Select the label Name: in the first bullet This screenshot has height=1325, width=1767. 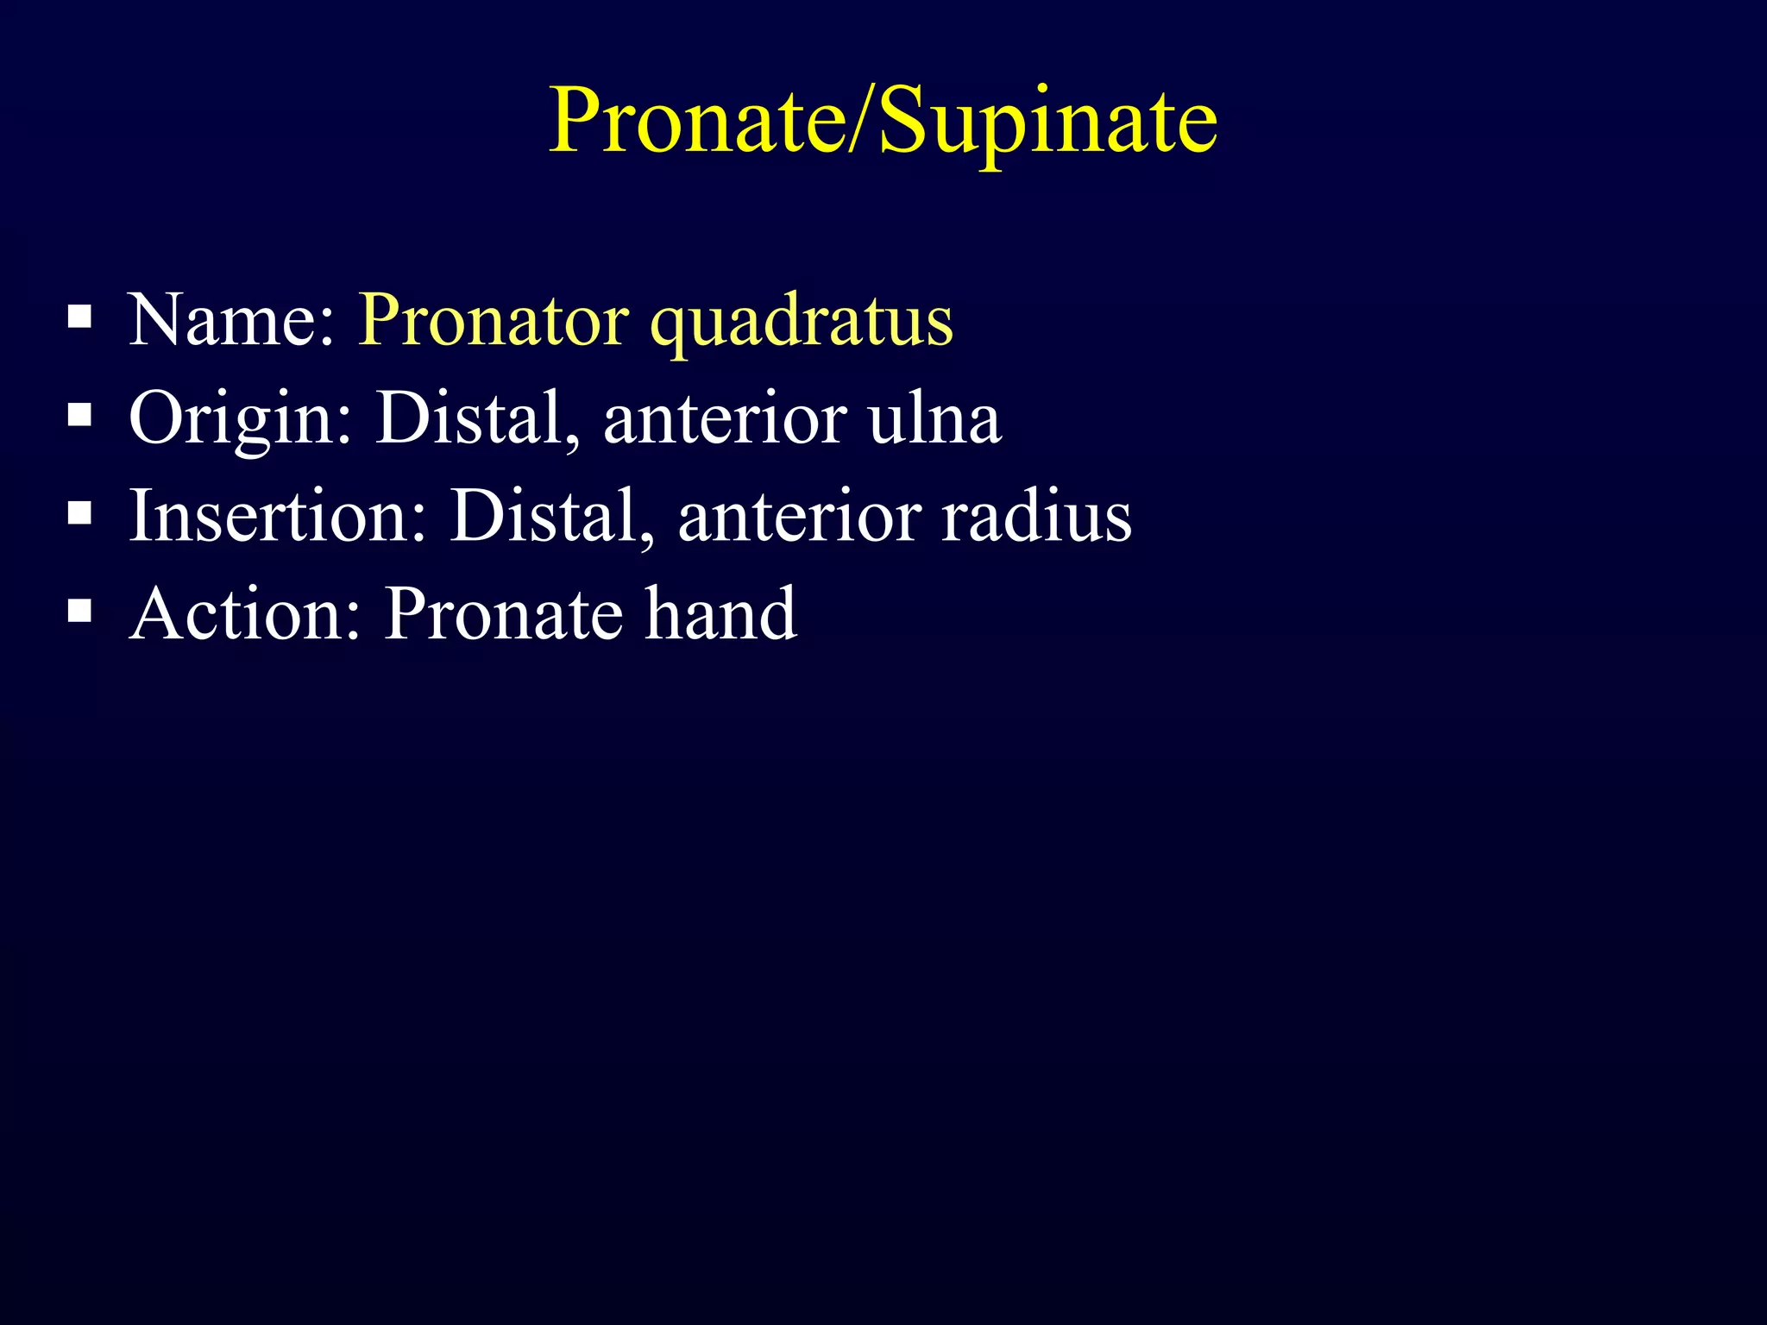[231, 321]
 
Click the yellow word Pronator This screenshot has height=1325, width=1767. [494, 321]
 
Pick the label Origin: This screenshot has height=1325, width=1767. [241, 419]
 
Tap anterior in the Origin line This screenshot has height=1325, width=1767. [726, 419]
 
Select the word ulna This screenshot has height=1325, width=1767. [935, 418]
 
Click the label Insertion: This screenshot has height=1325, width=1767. [278, 516]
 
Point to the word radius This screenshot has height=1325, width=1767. [1036, 516]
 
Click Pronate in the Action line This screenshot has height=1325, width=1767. [504, 614]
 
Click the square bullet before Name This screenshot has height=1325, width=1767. [80, 317]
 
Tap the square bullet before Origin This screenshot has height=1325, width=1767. [80, 416]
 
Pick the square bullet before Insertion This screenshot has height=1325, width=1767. [80, 514]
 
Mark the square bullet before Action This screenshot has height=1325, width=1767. [80, 612]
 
